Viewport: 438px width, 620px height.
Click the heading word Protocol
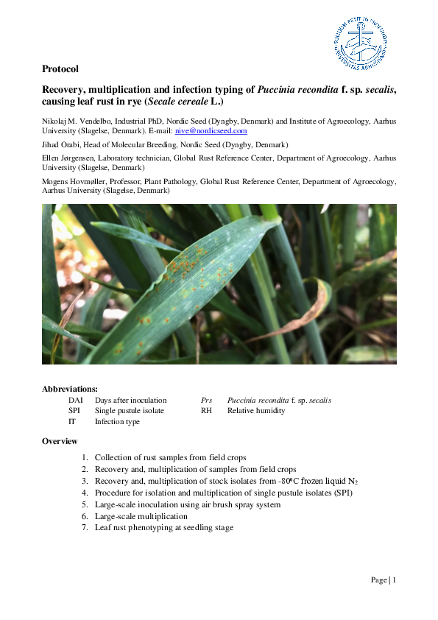click(60, 69)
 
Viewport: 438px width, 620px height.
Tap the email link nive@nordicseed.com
click(211, 130)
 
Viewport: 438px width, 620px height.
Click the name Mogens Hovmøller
click(74, 181)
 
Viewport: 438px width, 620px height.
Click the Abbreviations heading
click(69, 388)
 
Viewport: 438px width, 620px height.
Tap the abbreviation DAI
click(75, 401)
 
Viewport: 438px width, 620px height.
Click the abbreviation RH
click(206, 411)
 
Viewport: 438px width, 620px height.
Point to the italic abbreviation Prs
click(207, 401)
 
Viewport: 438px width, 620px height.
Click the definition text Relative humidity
click(256, 411)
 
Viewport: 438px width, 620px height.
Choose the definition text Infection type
click(117, 422)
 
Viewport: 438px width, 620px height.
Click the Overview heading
click(60, 441)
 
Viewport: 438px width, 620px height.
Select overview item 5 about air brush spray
click(187, 504)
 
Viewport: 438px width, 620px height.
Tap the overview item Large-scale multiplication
click(141, 516)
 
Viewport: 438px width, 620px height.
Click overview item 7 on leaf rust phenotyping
click(164, 528)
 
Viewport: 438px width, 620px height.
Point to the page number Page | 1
click(384, 580)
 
